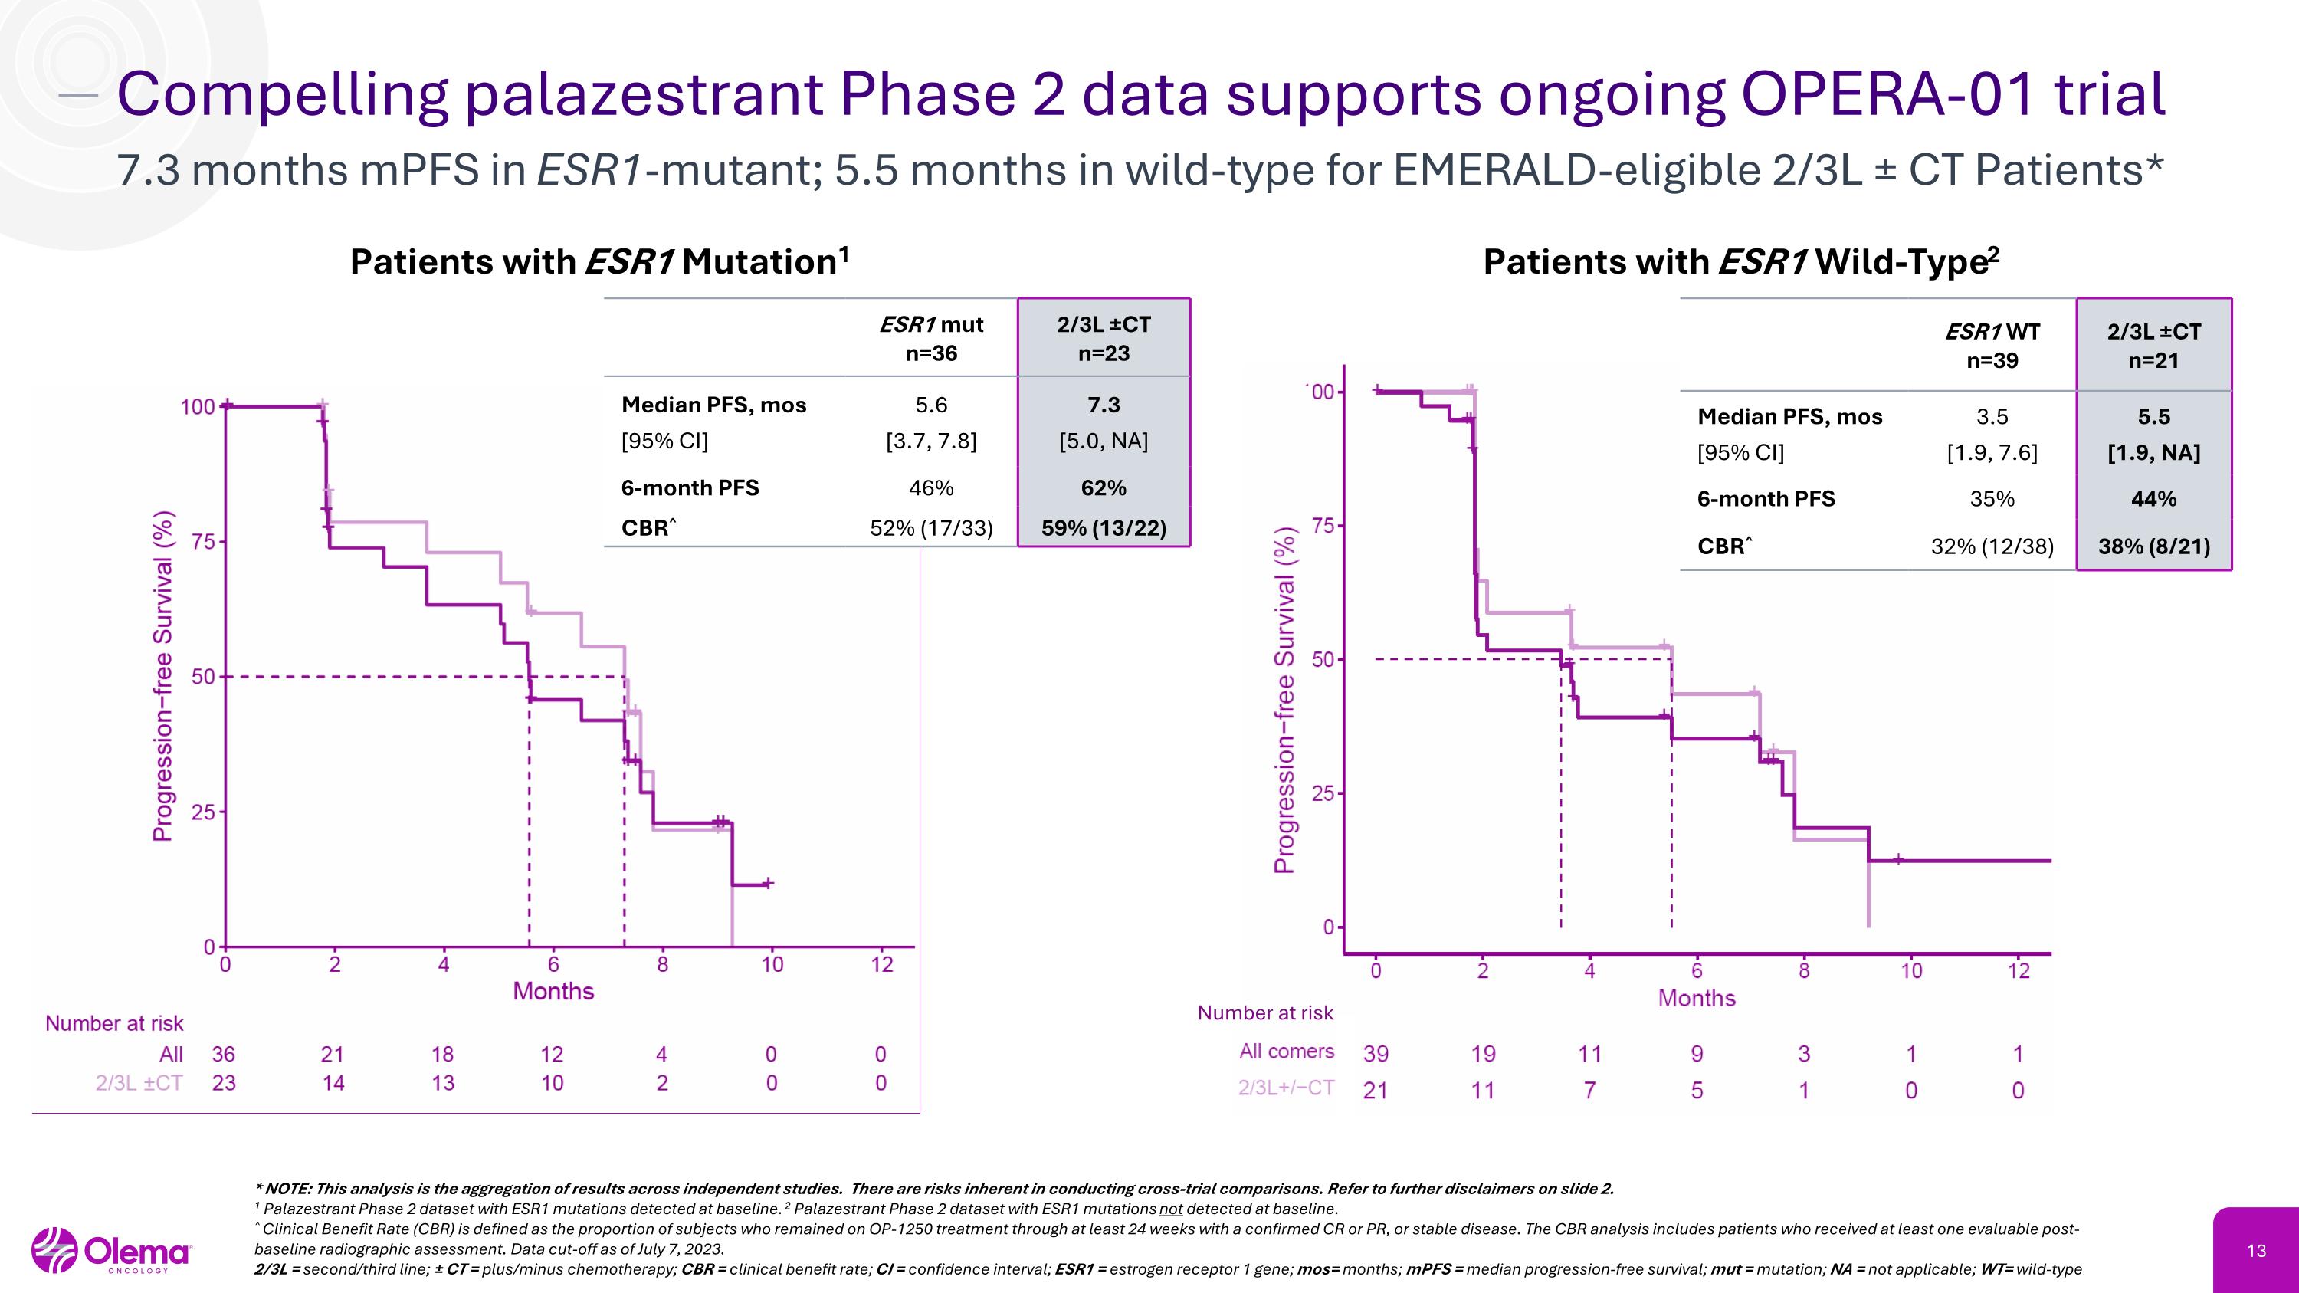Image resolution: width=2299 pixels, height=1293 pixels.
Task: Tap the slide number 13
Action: point(2256,1251)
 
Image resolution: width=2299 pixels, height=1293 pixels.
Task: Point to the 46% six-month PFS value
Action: point(931,488)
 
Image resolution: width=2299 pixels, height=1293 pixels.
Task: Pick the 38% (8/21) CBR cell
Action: point(2153,546)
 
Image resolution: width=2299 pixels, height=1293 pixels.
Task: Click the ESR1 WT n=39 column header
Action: point(1992,346)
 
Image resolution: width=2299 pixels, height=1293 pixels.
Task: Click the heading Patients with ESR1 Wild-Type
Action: point(1740,261)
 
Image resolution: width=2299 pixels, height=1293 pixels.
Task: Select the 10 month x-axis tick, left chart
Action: point(772,965)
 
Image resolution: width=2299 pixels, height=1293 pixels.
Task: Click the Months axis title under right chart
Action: point(1697,998)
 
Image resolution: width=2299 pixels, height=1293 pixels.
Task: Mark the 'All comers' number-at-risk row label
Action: point(1286,1051)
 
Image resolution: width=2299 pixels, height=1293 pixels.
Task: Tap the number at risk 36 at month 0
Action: point(223,1054)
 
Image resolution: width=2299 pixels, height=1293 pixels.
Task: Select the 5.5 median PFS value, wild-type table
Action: point(2153,417)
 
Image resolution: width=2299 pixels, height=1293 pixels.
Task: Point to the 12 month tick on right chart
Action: point(2019,971)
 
